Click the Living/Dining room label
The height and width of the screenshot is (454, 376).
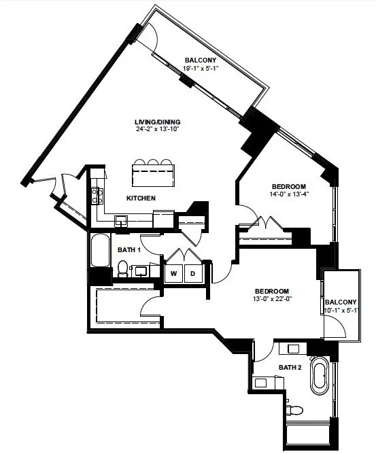(x=158, y=122)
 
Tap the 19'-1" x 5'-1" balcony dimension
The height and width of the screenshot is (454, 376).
(x=201, y=69)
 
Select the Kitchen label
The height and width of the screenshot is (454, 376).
(x=141, y=198)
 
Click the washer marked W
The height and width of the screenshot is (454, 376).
(x=173, y=273)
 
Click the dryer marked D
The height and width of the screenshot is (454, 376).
(x=193, y=273)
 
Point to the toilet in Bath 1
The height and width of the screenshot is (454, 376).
(x=123, y=268)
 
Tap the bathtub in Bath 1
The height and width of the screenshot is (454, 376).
(x=101, y=250)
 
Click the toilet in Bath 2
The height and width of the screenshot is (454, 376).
(x=294, y=410)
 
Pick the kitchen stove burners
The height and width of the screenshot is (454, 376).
(x=97, y=196)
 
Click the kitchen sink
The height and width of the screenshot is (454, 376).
(x=121, y=221)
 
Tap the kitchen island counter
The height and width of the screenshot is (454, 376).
(x=154, y=175)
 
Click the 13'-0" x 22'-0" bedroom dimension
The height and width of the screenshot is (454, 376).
(x=272, y=299)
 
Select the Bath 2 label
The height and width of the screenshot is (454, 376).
(x=290, y=368)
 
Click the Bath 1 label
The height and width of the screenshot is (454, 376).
(x=129, y=250)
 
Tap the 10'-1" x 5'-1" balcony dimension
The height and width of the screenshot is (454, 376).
(x=341, y=311)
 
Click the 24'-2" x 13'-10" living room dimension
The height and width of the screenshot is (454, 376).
(x=158, y=129)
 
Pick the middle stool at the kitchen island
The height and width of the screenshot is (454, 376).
(x=153, y=162)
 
